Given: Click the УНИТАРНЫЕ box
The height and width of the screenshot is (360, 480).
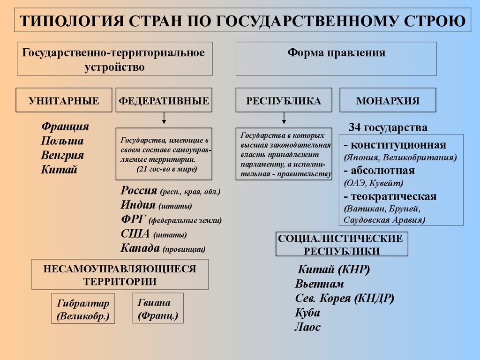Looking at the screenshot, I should [64, 100].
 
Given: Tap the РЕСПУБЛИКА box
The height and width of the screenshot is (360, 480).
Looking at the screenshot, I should [284, 100].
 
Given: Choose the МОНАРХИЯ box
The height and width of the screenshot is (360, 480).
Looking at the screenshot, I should [388, 100].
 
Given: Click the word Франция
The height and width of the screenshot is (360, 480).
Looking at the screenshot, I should [65, 127].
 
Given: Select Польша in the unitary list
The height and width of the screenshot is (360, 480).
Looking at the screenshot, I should [62, 141].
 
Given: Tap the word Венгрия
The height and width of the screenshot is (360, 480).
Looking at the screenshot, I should [62, 155].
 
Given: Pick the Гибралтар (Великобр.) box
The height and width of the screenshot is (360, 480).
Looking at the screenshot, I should [82, 309].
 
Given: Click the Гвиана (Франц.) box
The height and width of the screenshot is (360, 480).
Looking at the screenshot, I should [158, 308].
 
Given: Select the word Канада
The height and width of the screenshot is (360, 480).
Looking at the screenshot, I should [140, 248].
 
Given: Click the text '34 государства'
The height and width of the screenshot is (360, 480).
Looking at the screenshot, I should [388, 127].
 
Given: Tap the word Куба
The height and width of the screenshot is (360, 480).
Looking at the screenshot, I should [307, 313].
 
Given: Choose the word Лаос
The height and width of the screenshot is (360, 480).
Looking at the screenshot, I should [307, 327].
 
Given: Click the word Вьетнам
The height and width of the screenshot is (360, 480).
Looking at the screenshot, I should [319, 284].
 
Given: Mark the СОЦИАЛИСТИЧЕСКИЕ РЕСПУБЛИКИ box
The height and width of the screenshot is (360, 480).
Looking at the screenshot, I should [341, 244].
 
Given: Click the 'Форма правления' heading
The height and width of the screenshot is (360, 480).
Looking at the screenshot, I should [336, 53].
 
